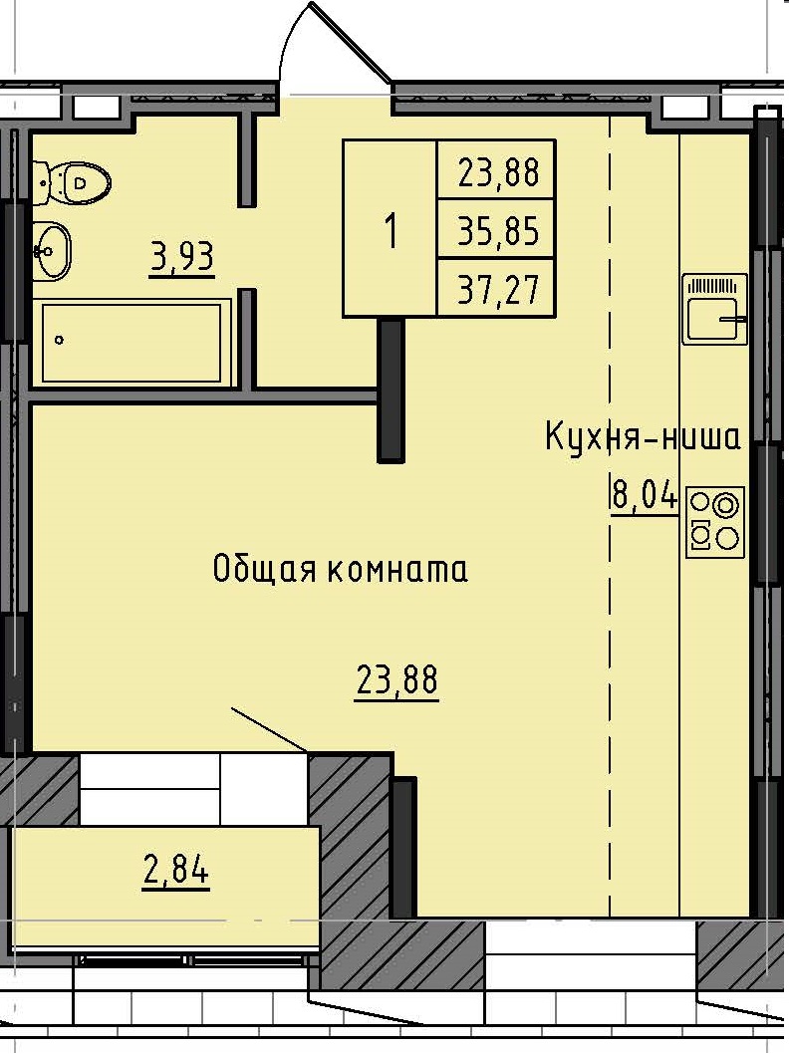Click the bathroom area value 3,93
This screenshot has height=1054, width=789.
coord(181,259)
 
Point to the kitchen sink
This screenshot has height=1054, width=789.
coord(714,308)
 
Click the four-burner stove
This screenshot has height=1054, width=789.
coord(715,521)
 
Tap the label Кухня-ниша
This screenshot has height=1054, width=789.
coord(643,437)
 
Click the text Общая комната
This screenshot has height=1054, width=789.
coord(340,570)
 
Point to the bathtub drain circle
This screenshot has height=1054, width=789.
coord(60,340)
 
